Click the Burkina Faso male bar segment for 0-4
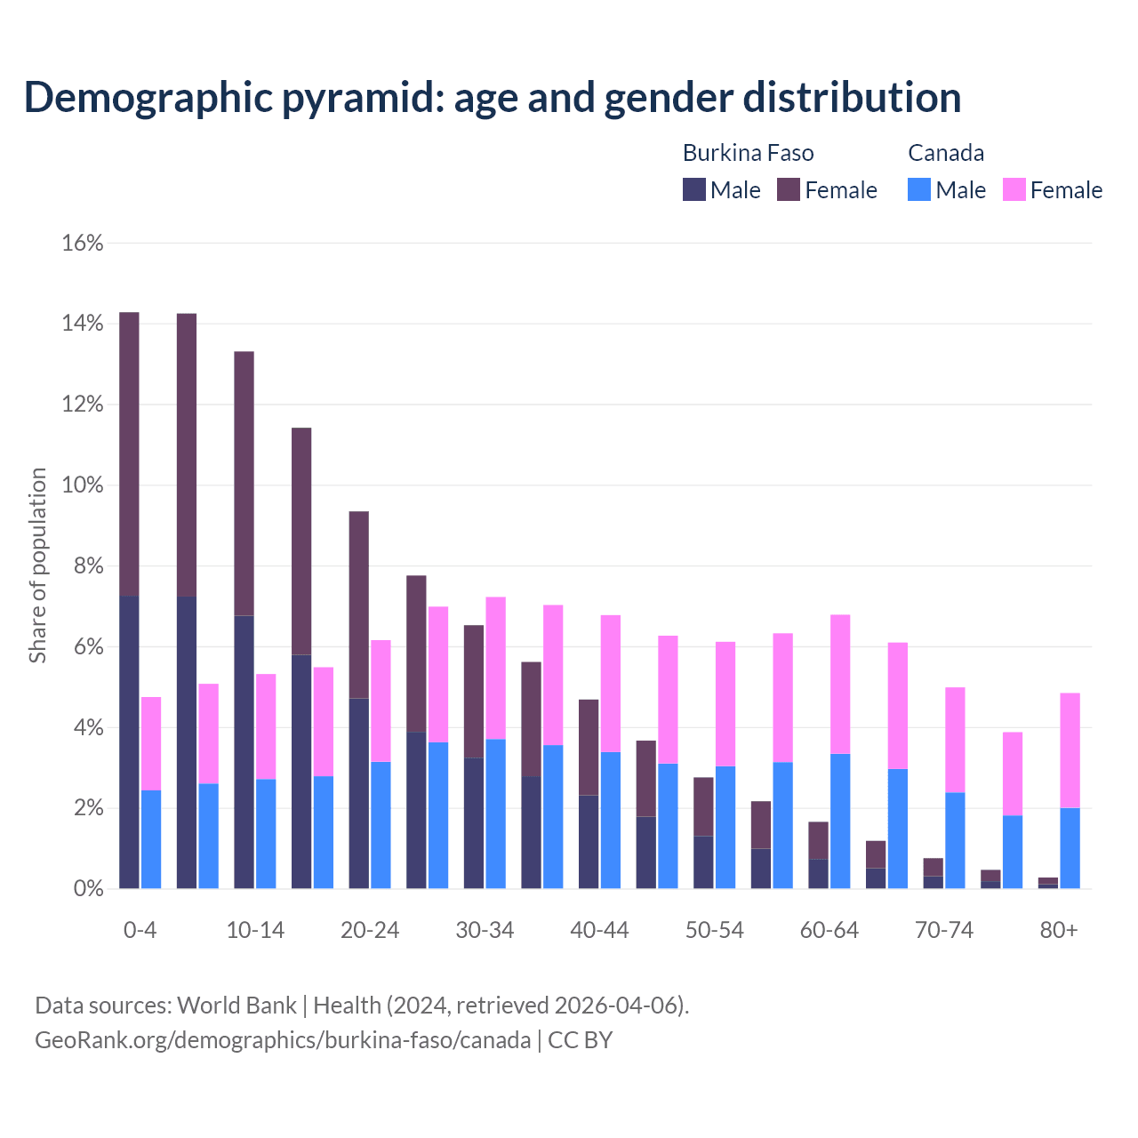point(129,742)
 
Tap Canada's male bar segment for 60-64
point(840,821)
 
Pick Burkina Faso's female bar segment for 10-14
point(244,484)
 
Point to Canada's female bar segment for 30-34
point(495,668)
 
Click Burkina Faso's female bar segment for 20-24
point(358,605)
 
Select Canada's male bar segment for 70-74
point(955,840)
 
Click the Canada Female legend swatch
point(1014,189)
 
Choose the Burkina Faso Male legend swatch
point(694,189)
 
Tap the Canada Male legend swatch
point(919,189)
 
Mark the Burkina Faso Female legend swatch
point(789,189)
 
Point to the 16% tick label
point(83,243)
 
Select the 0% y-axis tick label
point(86,889)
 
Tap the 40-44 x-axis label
point(599,930)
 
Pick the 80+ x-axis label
point(1059,930)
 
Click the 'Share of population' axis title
point(37,565)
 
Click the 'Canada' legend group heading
point(946,153)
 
